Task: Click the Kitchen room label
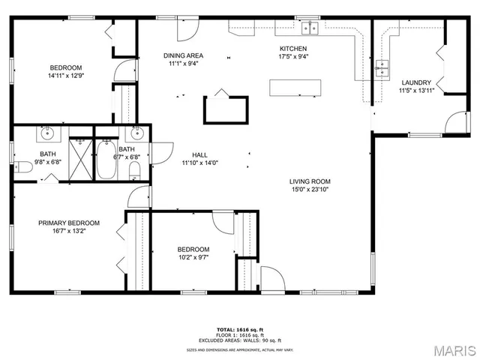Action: click(293, 49)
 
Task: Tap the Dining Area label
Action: click(184, 55)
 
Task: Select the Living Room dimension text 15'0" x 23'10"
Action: click(310, 190)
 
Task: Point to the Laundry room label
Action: click(416, 82)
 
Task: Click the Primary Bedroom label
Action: click(69, 223)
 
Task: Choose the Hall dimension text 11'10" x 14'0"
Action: click(199, 163)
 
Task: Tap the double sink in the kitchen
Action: click(310, 28)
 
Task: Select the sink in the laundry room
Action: click(382, 69)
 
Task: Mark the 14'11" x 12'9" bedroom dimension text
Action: click(65, 76)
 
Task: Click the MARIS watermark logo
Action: click(451, 350)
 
